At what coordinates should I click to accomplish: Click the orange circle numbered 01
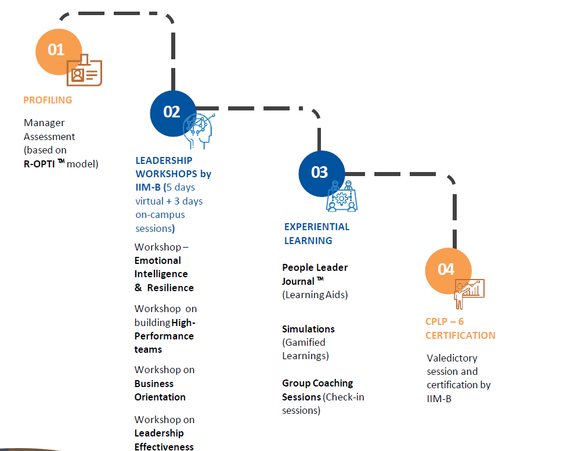click(x=59, y=52)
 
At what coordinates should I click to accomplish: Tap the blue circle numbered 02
click(x=173, y=113)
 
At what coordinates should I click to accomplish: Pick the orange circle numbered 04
click(x=449, y=271)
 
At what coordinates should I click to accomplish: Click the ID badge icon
click(x=85, y=70)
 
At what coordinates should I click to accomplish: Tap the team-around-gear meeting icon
click(x=341, y=196)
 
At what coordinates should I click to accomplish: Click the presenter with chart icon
click(x=469, y=293)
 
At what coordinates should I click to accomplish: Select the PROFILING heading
click(x=48, y=100)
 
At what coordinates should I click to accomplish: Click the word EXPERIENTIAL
click(x=317, y=227)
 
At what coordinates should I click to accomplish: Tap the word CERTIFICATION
click(x=460, y=335)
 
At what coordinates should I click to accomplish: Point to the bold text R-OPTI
click(x=39, y=164)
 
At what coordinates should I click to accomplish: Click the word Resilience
click(x=170, y=288)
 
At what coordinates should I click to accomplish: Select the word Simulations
click(x=308, y=330)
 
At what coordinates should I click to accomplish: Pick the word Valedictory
click(x=452, y=359)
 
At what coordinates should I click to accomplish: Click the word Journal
click(x=298, y=281)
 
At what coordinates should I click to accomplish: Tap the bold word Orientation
click(x=160, y=398)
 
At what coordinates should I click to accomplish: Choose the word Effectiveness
click(x=164, y=447)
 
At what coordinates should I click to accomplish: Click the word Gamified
click(x=305, y=342)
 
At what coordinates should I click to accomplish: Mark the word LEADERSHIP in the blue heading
click(x=164, y=160)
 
